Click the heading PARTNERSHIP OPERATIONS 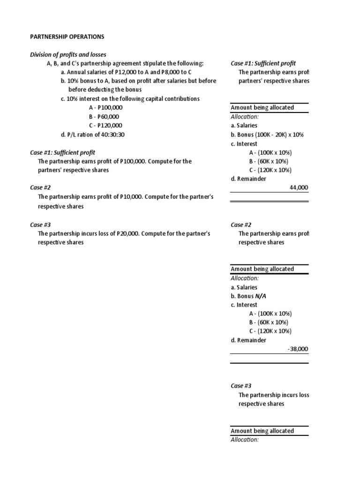(x=67, y=37)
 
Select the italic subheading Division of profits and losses (x=68, y=55)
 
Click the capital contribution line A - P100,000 (x=103, y=108)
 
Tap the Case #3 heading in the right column (x=241, y=386)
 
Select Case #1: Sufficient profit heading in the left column (x=62, y=152)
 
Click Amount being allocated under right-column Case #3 (x=262, y=431)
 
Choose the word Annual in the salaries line (x=77, y=72)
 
